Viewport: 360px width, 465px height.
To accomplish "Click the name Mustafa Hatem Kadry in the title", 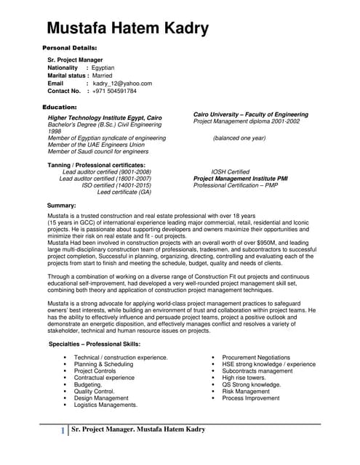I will coord(127,29).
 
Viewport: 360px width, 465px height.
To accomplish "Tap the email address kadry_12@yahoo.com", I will coord(122,84).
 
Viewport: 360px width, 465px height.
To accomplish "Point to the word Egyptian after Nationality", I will coord(109,68).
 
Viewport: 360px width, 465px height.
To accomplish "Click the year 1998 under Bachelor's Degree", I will coord(55,131).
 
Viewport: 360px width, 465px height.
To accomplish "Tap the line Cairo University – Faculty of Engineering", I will coord(250,114).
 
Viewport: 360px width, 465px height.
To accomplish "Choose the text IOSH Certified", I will coord(231,171).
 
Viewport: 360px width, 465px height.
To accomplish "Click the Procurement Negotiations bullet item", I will coord(256,357).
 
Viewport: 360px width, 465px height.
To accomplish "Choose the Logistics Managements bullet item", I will coord(105,405).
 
